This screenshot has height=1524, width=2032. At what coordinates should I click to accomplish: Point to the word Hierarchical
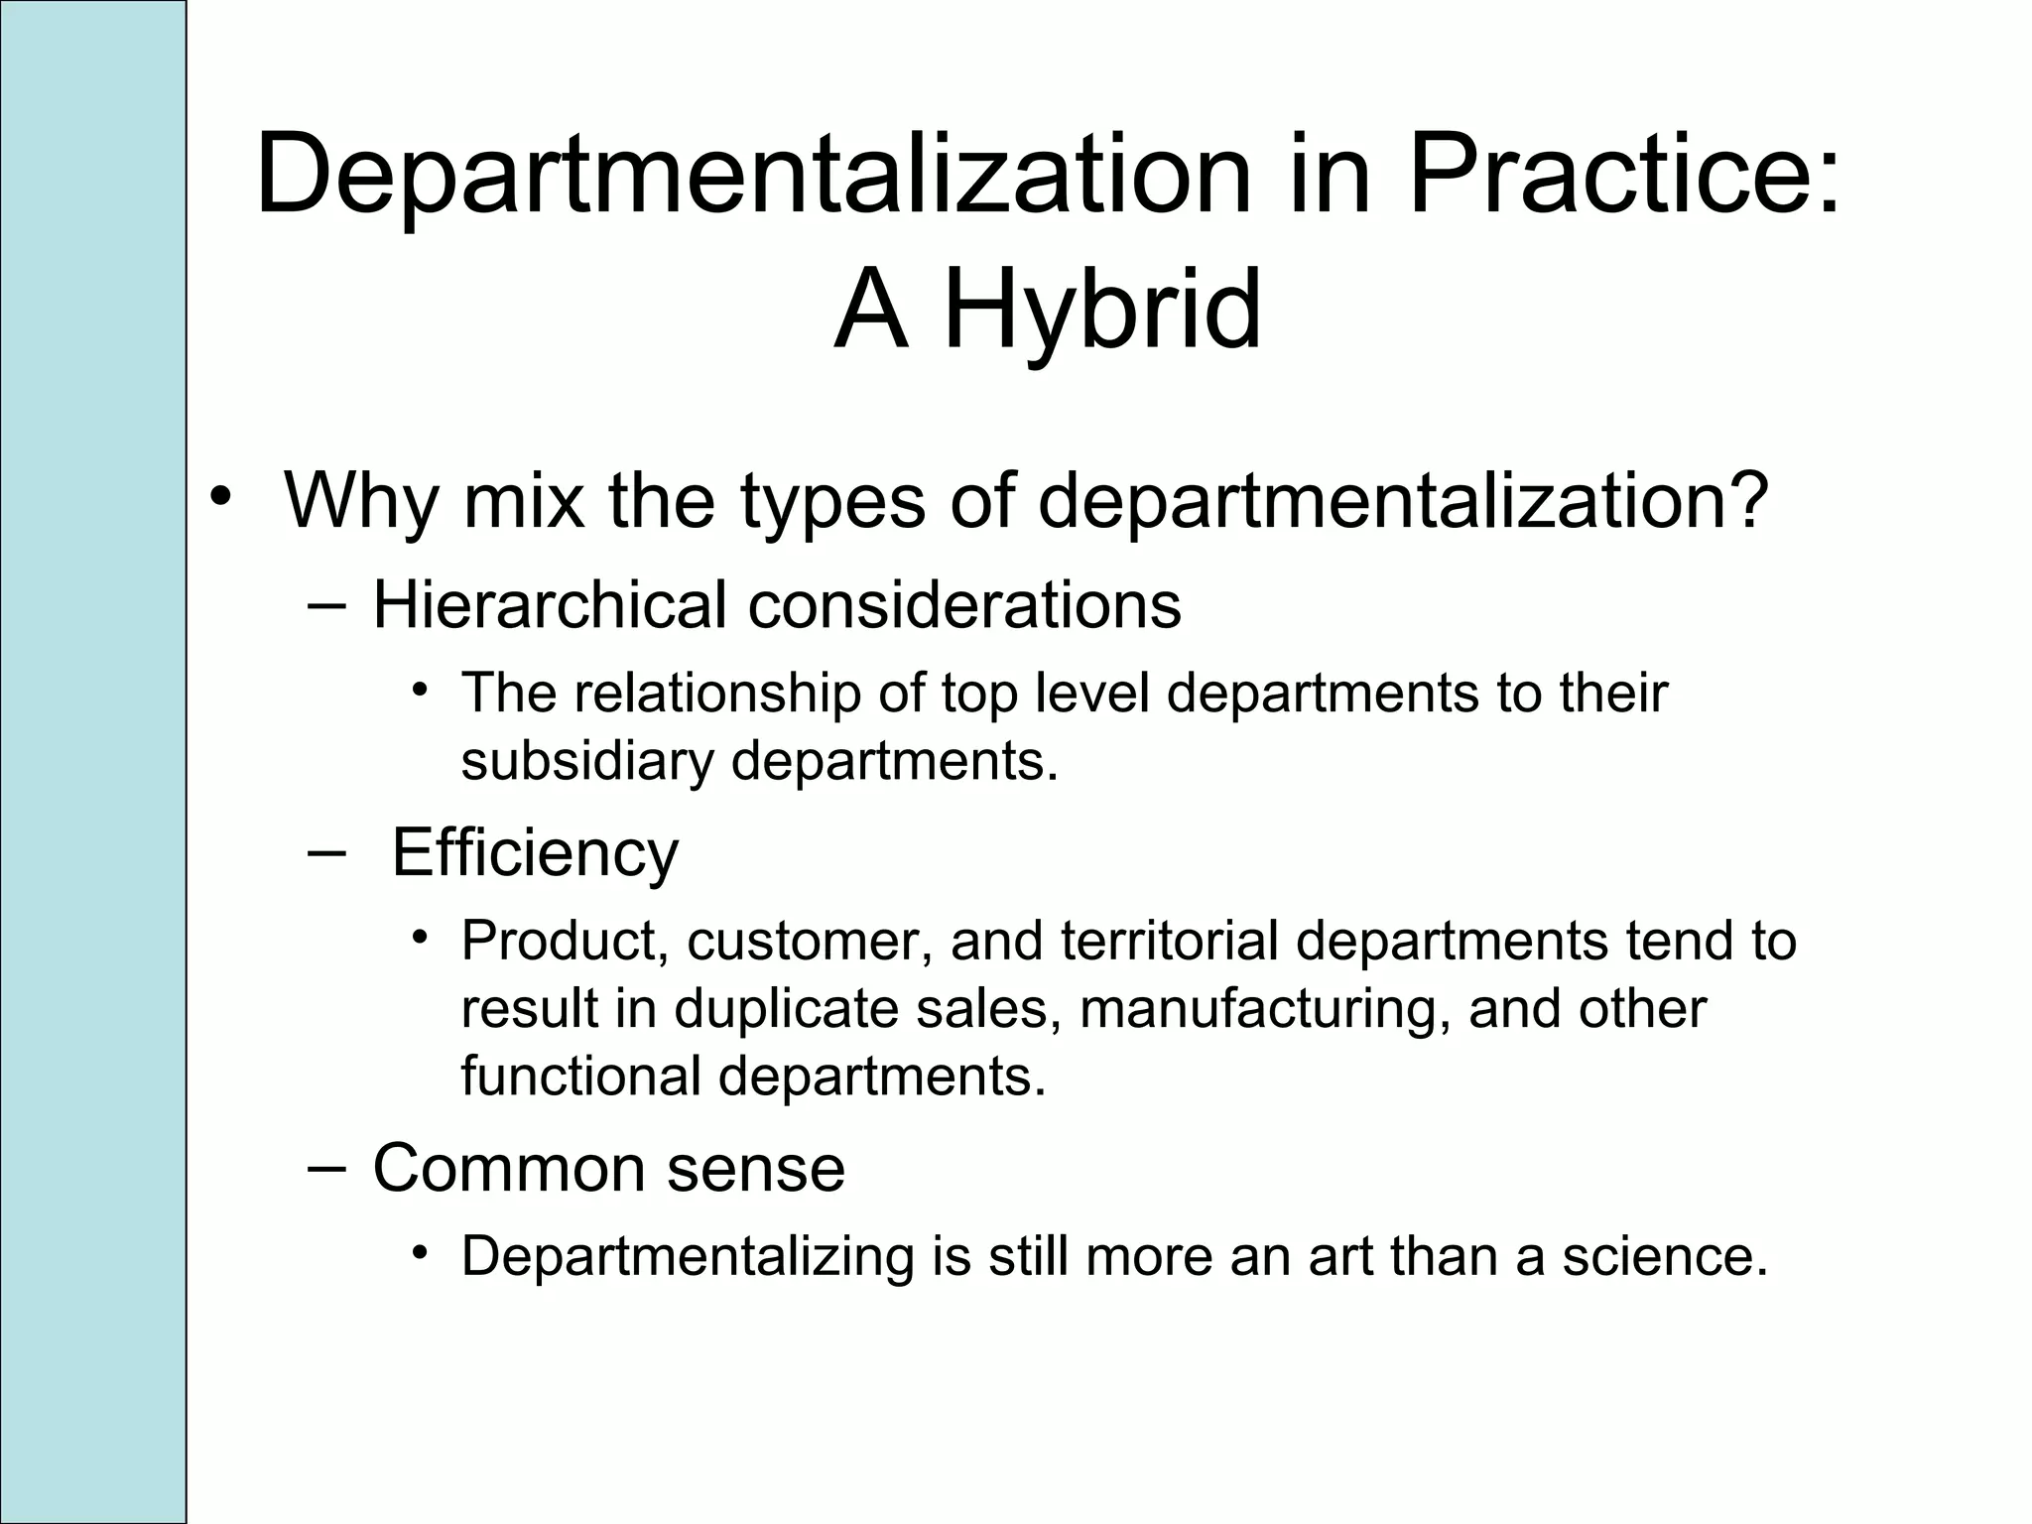tap(549, 604)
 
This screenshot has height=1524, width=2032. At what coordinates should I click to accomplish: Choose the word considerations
tap(964, 604)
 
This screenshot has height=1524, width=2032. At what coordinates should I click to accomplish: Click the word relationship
tap(716, 693)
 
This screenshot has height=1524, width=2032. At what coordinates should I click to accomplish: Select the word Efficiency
tap(535, 852)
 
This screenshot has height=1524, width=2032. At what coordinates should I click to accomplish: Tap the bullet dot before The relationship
tap(421, 689)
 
